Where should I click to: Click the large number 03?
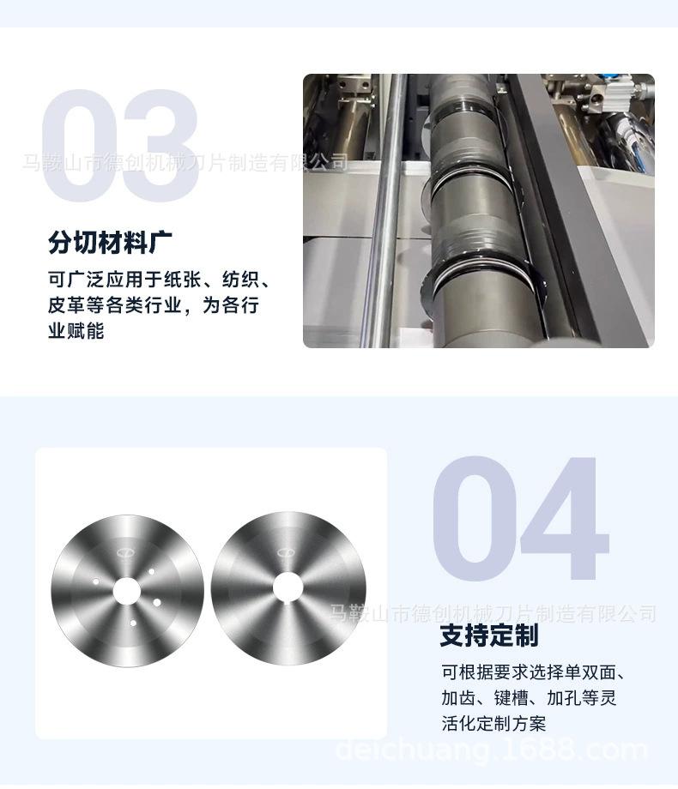[x=120, y=146]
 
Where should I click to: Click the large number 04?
[x=521, y=517]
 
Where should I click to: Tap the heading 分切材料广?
[x=111, y=243]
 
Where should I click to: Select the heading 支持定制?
[x=489, y=635]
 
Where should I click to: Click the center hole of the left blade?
[x=126, y=592]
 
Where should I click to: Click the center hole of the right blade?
[x=288, y=587]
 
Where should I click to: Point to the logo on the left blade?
[x=124, y=554]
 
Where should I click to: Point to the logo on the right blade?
[x=285, y=552]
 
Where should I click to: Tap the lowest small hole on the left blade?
[x=133, y=623]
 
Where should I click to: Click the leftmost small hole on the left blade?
[x=96, y=581]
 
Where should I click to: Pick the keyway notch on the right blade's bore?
[x=288, y=602]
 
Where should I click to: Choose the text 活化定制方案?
[x=493, y=724]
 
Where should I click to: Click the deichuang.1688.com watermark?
[x=491, y=750]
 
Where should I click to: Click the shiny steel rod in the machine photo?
[x=386, y=211]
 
